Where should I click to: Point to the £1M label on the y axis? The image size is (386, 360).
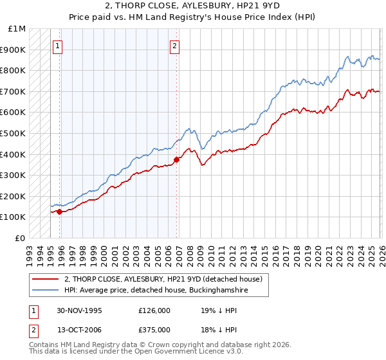[17, 29]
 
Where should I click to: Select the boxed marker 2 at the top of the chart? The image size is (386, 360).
[175, 46]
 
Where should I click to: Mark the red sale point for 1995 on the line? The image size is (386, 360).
[60, 211]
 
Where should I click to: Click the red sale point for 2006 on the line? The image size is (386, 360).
[176, 159]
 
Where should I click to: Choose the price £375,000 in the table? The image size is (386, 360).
[154, 331]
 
